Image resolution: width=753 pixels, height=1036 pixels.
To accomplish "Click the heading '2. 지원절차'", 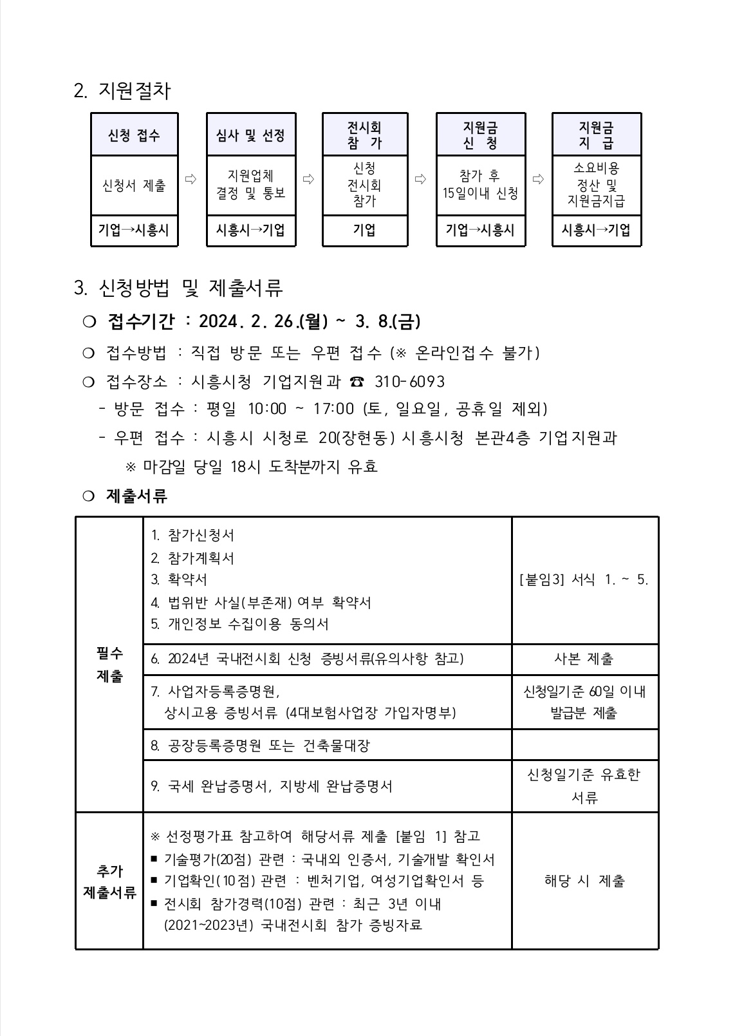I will (x=122, y=91).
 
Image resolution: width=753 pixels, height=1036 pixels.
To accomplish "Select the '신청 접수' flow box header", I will (x=134, y=135).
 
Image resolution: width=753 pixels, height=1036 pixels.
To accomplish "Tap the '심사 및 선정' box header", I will (x=250, y=135).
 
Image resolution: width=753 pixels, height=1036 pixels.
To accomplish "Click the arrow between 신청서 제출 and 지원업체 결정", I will (x=191, y=179).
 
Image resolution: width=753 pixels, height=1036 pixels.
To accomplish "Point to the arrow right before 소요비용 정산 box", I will (x=538, y=179).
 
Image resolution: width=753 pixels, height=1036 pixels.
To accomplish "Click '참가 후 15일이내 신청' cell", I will (x=480, y=185).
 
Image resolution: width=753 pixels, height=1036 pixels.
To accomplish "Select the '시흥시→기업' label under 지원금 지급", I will (x=596, y=231).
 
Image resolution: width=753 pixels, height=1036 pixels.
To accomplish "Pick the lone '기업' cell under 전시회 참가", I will (x=364, y=231).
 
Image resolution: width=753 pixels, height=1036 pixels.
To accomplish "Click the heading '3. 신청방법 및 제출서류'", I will (x=178, y=288).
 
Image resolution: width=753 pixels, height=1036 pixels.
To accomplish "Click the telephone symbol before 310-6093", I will (x=356, y=382).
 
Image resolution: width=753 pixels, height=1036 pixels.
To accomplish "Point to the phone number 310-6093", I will (x=409, y=382).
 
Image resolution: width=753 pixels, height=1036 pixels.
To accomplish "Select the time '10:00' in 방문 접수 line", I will (x=266, y=409).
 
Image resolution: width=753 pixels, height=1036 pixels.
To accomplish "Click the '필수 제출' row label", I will (x=109, y=664).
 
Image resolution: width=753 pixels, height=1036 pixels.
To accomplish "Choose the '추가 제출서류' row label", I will (x=109, y=881).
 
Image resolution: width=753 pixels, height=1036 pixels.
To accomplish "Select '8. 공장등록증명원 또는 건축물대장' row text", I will (x=261, y=746).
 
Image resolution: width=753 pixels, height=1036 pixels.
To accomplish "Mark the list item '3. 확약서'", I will (x=179, y=579).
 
